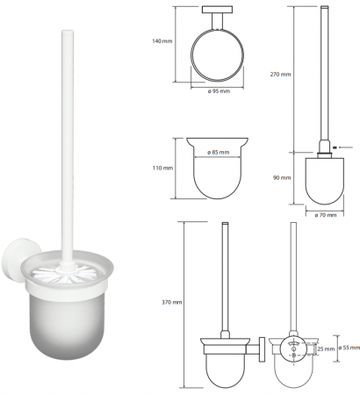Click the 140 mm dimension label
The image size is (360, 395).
[x=162, y=41]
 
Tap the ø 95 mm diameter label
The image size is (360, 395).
[x=219, y=91]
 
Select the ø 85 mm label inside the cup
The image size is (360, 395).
[x=218, y=153]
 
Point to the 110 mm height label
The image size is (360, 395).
[x=162, y=169]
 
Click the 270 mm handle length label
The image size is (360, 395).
[x=280, y=75]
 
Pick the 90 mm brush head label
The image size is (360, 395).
[x=282, y=177]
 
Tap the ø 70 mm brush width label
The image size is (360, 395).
[x=326, y=215]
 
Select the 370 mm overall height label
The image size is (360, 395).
[x=172, y=302]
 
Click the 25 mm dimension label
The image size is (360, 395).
[x=326, y=348]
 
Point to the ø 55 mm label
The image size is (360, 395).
[x=349, y=348]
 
